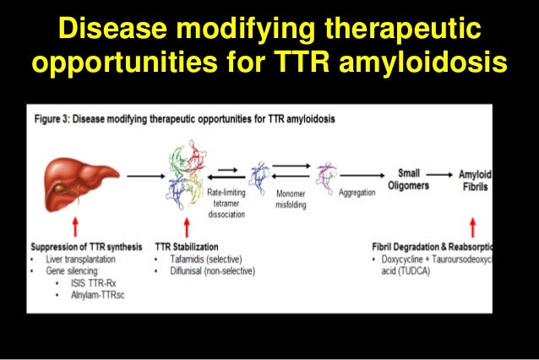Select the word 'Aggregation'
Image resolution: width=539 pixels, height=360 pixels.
357,194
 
